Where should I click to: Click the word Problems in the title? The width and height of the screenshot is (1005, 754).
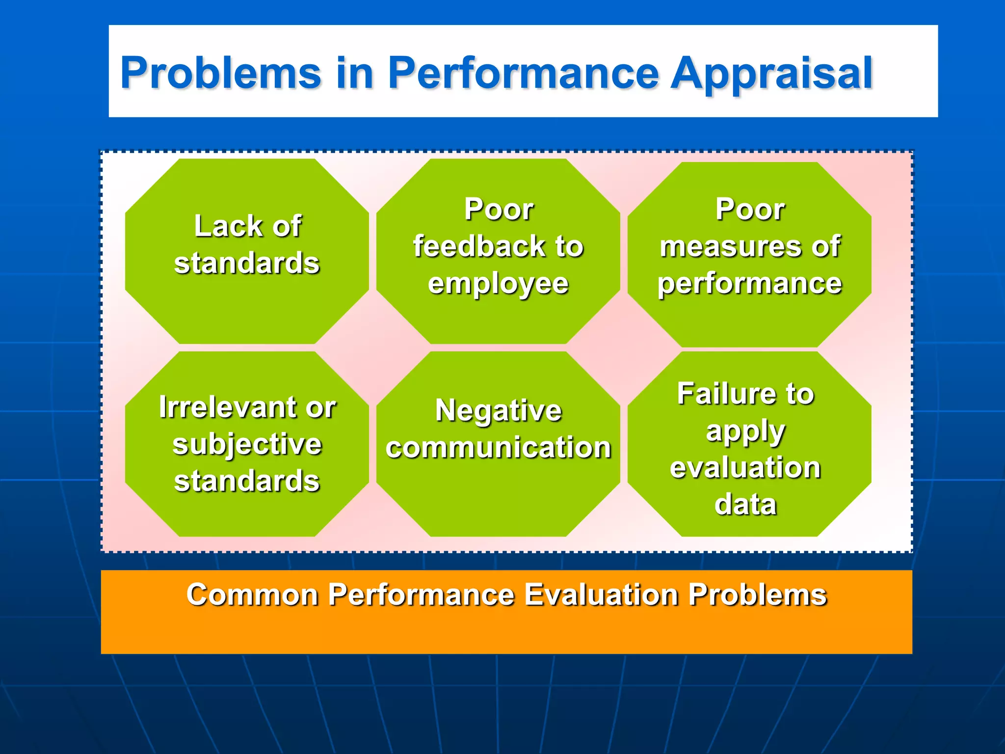(x=221, y=74)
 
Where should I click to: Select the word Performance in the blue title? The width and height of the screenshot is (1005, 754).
(x=523, y=74)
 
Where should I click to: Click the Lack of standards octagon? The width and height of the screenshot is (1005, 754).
(x=247, y=295)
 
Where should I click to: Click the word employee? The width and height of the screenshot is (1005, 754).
(x=498, y=284)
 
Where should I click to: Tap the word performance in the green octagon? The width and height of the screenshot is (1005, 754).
(x=749, y=284)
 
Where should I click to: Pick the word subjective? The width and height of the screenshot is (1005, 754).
(x=247, y=445)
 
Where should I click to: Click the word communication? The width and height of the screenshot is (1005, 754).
(x=498, y=447)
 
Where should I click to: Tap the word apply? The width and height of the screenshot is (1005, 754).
(x=745, y=432)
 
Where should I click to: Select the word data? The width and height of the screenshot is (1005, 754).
(x=745, y=504)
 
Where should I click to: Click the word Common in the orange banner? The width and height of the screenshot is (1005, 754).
(x=252, y=595)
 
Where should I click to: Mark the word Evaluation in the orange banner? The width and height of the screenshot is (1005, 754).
(x=602, y=595)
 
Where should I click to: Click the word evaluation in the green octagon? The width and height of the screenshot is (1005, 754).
(x=745, y=467)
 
